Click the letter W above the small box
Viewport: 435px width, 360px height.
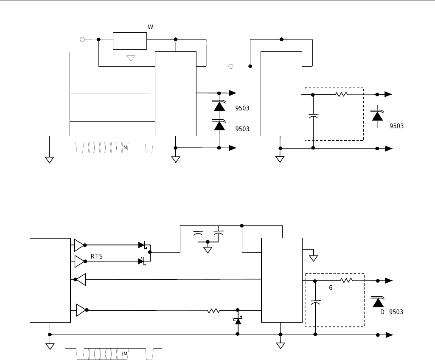pyautogui.click(x=150, y=27)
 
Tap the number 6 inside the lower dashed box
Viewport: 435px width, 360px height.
pyautogui.click(x=331, y=288)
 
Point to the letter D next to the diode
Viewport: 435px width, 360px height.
pyautogui.click(x=382, y=312)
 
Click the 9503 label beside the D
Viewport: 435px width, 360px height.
pyautogui.click(x=396, y=312)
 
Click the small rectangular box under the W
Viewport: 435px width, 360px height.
pyautogui.click(x=129, y=41)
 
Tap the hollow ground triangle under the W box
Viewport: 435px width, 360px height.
pyautogui.click(x=131, y=58)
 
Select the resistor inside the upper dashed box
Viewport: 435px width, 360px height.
pyautogui.click(x=342, y=94)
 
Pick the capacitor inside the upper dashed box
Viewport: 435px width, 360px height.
pyautogui.click(x=313, y=116)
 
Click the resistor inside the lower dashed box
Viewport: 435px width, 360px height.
pyautogui.click(x=346, y=281)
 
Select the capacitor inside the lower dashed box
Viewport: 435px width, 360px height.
pyautogui.click(x=315, y=302)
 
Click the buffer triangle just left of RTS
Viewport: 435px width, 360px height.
pyautogui.click(x=79, y=262)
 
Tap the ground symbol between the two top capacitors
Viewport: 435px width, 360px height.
pyautogui.click(x=208, y=250)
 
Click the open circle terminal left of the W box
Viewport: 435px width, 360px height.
pyautogui.click(x=82, y=39)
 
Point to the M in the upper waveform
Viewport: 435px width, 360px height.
pyautogui.click(x=125, y=147)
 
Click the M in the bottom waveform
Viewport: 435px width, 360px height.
pyautogui.click(x=125, y=354)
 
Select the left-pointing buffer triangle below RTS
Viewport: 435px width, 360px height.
pyautogui.click(x=81, y=279)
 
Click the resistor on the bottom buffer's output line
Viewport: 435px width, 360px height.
pyautogui.click(x=213, y=311)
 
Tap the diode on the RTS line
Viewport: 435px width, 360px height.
pyautogui.click(x=141, y=261)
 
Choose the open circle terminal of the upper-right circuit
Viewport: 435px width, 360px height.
pyautogui.click(x=231, y=66)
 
